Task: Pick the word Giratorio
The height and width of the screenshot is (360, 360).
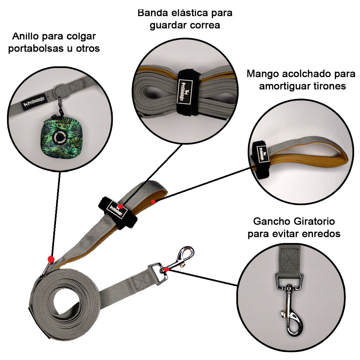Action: point(314,222)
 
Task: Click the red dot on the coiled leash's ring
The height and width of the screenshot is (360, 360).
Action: point(51,259)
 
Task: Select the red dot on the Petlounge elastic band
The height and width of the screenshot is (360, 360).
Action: point(120,206)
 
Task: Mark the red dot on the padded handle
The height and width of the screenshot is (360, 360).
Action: point(153,201)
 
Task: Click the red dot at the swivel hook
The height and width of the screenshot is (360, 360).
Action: point(166,269)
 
